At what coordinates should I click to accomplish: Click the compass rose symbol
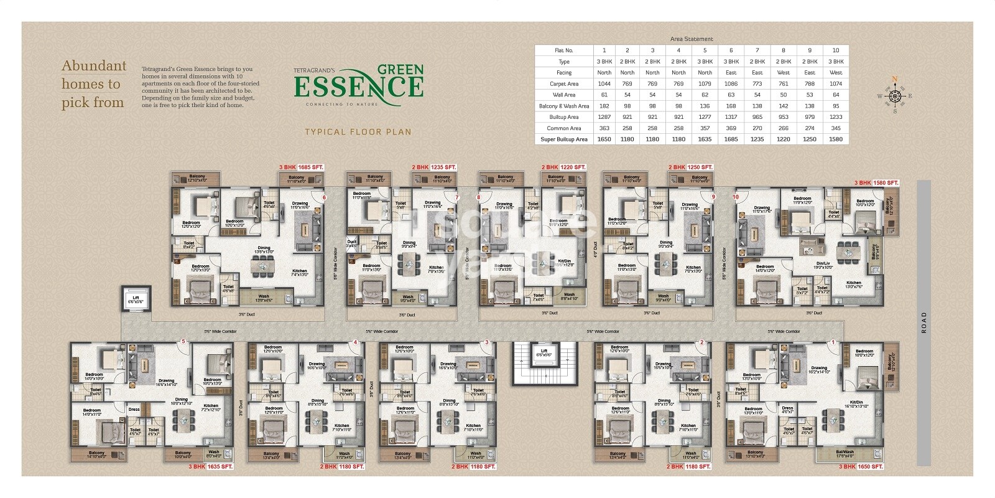[x=895, y=96]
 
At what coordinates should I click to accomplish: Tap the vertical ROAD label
[x=924, y=322]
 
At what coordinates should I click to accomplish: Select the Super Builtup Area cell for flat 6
[x=731, y=139]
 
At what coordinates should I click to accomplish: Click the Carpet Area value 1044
[x=604, y=84]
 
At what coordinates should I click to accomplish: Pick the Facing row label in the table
[x=564, y=73]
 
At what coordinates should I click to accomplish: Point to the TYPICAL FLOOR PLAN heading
[x=358, y=132]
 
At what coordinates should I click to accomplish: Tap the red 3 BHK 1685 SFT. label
[x=301, y=167]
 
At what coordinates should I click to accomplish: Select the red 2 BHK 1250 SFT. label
[x=690, y=167]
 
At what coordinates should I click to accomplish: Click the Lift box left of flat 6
[x=136, y=299]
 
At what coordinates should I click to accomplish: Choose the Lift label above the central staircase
[x=544, y=352]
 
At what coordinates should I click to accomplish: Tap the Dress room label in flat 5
[x=134, y=410]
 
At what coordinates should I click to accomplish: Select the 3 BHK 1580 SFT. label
[x=876, y=183]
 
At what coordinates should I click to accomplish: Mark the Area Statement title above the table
[x=692, y=39]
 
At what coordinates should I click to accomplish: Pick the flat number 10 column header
[x=835, y=50]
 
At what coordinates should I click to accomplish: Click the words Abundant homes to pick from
[x=93, y=84]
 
